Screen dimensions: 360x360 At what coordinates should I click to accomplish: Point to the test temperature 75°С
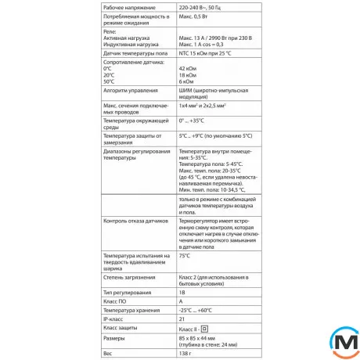pyautogui.click(x=185, y=255)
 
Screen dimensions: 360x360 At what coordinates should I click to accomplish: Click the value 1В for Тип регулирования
pyautogui.click(x=182, y=291)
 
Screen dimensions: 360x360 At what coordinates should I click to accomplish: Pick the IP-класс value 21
pyautogui.click(x=182, y=319)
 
